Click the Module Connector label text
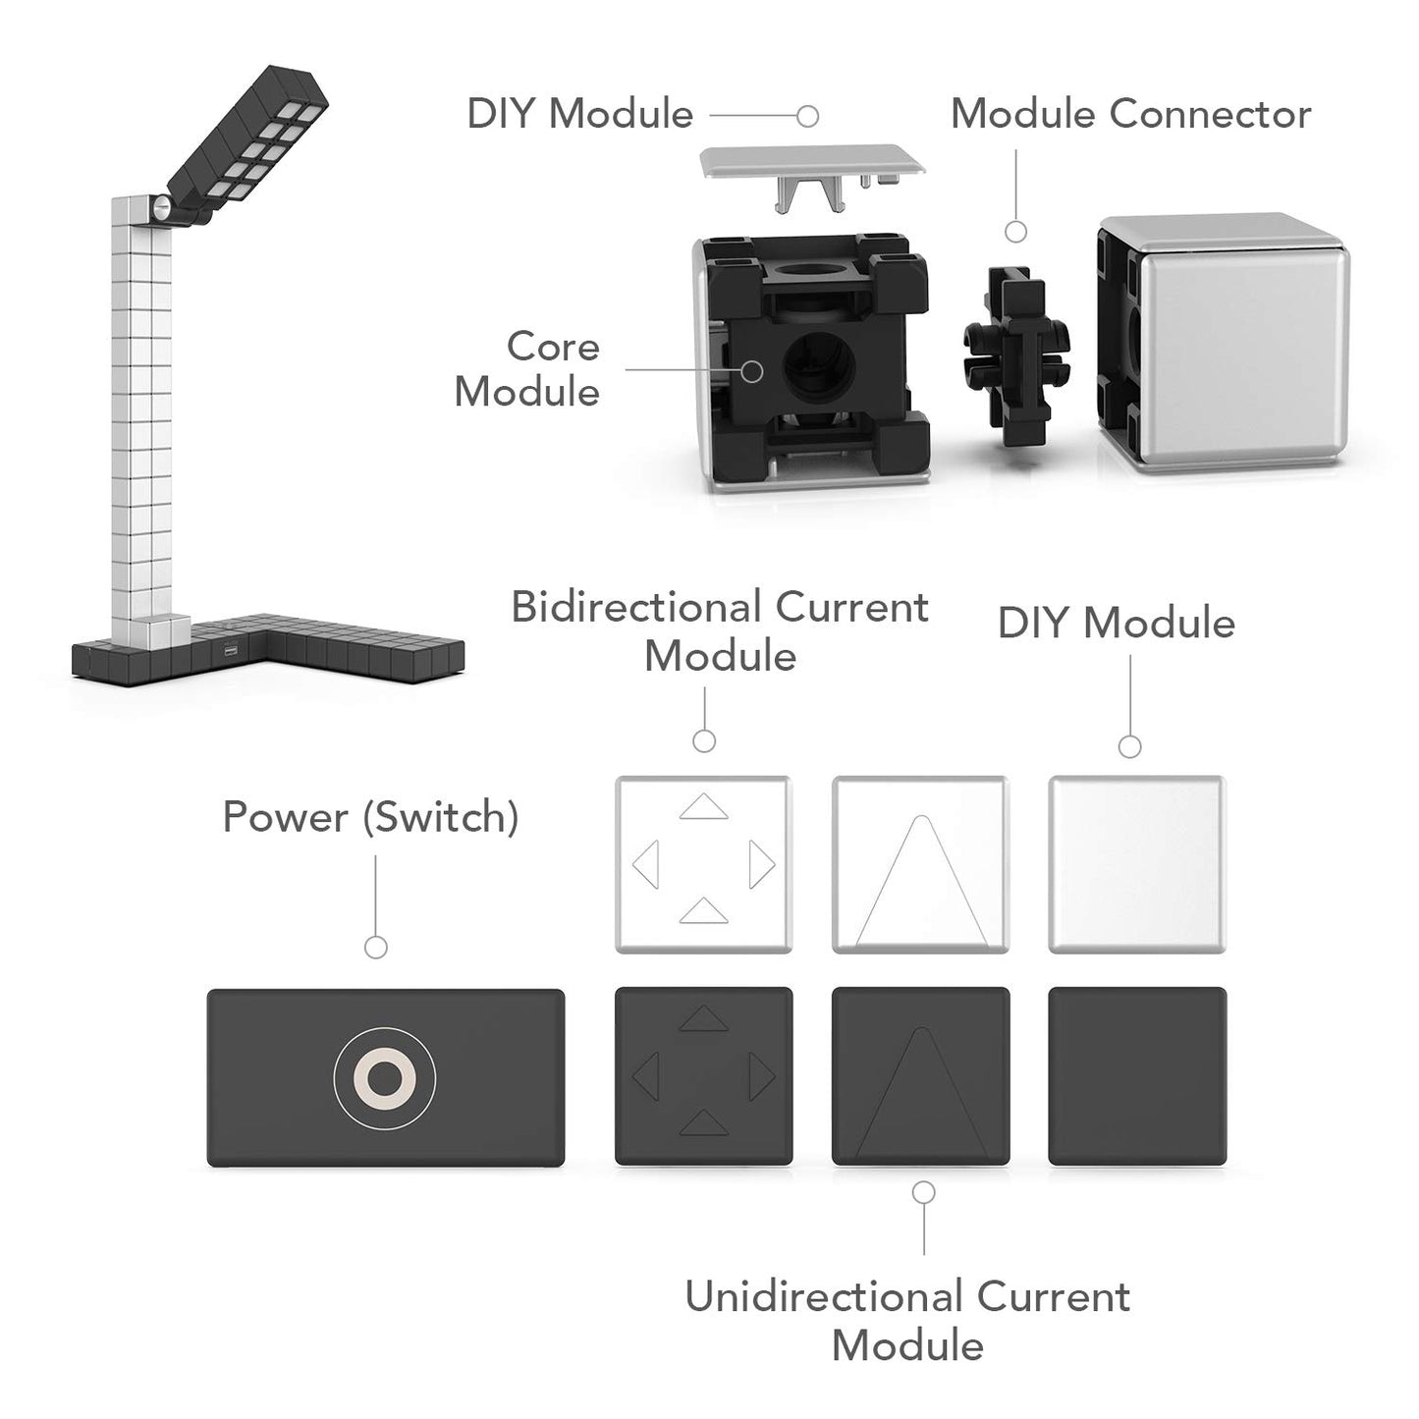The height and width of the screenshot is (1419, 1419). pyautogui.click(x=1130, y=114)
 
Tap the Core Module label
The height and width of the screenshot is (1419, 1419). pyautogui.click(x=527, y=369)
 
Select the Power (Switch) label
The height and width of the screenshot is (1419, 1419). pyautogui.click(x=370, y=817)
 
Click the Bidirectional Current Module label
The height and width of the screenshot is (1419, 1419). pyautogui.click(x=720, y=631)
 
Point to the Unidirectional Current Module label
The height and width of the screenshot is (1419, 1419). pyautogui.click(x=907, y=1320)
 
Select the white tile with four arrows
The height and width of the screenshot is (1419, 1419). pyautogui.click(x=703, y=864)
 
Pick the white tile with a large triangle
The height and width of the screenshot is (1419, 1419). pyautogui.click(x=920, y=864)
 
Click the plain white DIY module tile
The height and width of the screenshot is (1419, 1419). pyautogui.click(x=1136, y=864)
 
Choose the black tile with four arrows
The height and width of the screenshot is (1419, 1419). pyautogui.click(x=703, y=1076)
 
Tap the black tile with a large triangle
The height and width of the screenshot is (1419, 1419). pyautogui.click(x=920, y=1076)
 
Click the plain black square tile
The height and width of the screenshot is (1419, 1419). pyautogui.click(x=1137, y=1076)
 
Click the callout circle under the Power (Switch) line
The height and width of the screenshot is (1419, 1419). pyautogui.click(x=375, y=947)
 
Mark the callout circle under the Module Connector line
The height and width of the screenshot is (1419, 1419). pyautogui.click(x=1016, y=232)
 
